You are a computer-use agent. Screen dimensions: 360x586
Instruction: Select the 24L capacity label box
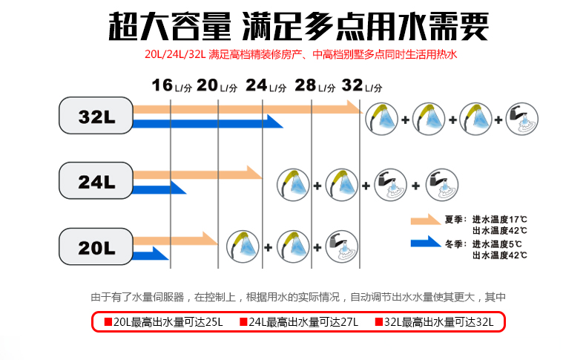pyautogui.click(x=97, y=180)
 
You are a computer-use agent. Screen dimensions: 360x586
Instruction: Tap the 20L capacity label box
pyautogui.click(x=97, y=245)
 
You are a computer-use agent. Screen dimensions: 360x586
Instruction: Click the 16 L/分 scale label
pyautogui.click(x=171, y=85)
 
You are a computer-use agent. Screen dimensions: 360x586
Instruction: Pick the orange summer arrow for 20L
pyautogui.click(x=175, y=239)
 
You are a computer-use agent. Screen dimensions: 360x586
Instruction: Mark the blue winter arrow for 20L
pyautogui.click(x=151, y=253)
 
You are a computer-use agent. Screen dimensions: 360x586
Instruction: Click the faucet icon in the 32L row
pyautogui.click(x=522, y=119)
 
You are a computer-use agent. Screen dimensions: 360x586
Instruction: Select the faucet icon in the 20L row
pyautogui.click(x=341, y=246)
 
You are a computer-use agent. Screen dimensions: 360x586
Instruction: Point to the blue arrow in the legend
pyautogui.click(x=424, y=243)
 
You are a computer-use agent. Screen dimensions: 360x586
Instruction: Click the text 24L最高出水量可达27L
pyautogui.click(x=304, y=322)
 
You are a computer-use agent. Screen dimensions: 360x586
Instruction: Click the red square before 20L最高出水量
pyautogui.click(x=108, y=322)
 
